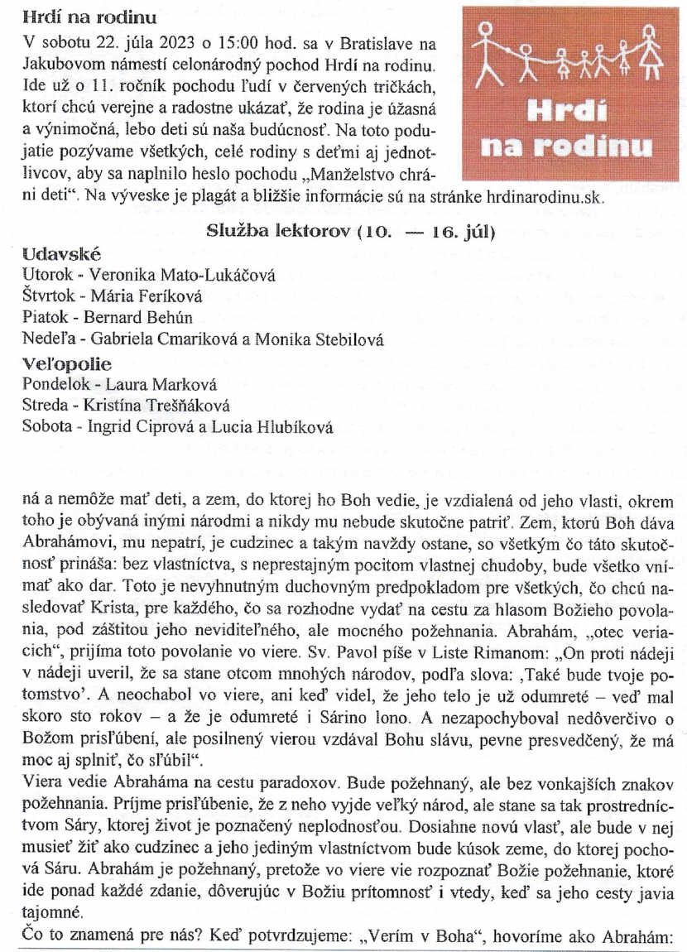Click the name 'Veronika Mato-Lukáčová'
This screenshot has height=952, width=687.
pos(182,275)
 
